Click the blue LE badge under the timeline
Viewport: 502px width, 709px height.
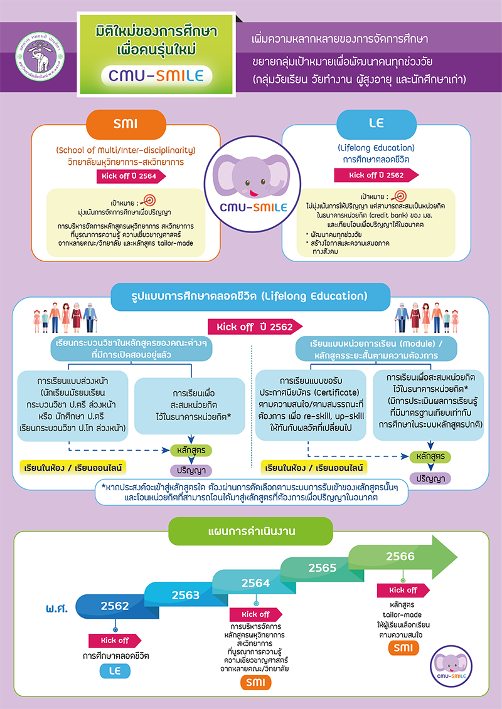point(115,671)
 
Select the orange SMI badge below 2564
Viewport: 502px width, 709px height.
point(256,683)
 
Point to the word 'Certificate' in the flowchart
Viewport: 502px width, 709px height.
point(336,391)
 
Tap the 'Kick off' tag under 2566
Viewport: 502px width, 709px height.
point(403,590)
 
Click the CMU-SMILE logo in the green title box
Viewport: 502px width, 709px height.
point(157,75)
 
